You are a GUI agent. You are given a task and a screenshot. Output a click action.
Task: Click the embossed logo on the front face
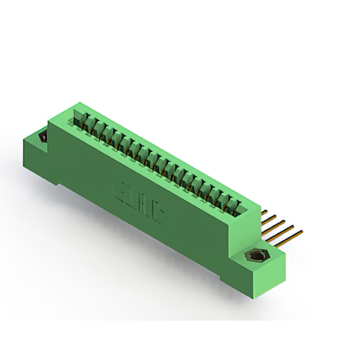138,200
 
